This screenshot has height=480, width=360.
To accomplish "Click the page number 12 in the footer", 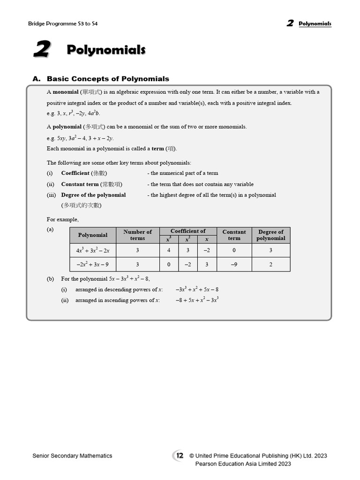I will (180, 455).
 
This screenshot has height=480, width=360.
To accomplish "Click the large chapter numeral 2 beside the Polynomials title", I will (42, 50).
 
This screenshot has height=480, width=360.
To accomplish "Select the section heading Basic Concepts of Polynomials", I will (108, 79).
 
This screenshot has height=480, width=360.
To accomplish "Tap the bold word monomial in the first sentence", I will (65, 92).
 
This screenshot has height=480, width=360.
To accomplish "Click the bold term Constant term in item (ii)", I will (80, 184).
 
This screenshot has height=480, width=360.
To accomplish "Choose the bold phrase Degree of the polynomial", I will (93, 195).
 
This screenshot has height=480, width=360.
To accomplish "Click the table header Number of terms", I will (137, 235).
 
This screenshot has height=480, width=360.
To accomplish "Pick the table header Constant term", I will (234, 235).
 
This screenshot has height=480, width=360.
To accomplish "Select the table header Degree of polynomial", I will (270, 235).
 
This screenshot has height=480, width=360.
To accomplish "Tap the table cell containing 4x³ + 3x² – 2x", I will (93, 250).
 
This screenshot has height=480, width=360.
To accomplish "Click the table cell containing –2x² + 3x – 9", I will (93, 264).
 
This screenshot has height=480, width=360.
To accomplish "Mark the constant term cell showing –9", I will (234, 264).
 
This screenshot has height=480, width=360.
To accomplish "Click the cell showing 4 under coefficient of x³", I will (169, 250).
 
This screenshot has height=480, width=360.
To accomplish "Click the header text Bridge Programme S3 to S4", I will (63, 23).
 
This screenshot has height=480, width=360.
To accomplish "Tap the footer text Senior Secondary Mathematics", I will (72, 456).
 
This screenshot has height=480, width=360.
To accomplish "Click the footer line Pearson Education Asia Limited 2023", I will (243, 464).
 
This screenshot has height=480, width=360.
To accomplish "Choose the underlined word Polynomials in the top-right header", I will (315, 23).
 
